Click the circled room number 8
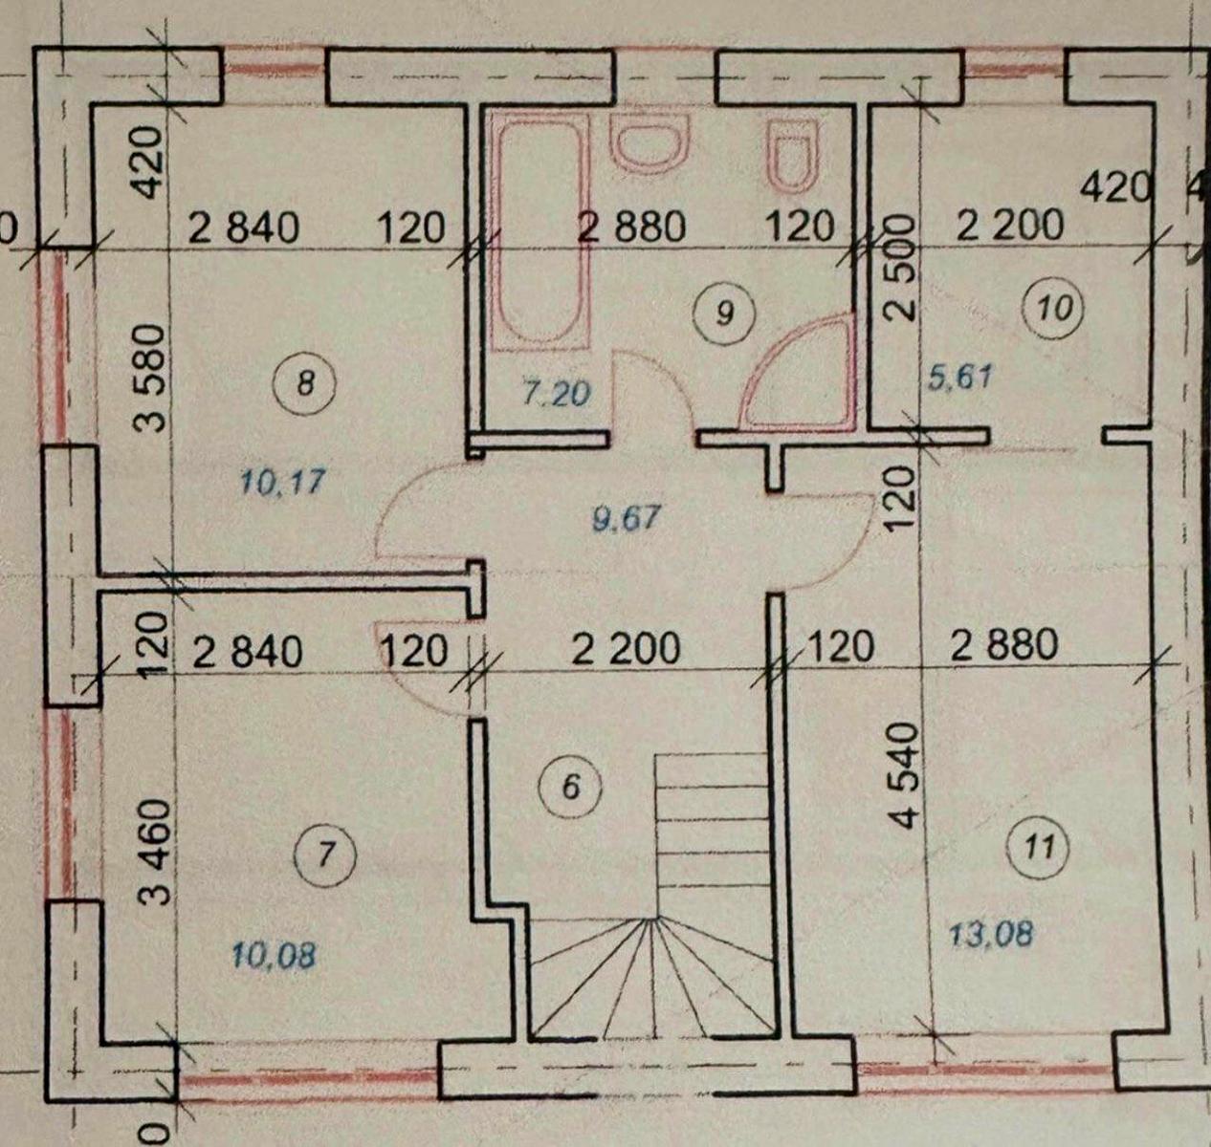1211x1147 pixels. click(305, 385)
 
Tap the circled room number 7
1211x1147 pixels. click(326, 855)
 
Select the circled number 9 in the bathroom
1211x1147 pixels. click(726, 314)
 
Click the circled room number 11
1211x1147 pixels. click(1041, 849)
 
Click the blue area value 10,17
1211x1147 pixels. click(283, 481)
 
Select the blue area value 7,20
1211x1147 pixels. click(556, 394)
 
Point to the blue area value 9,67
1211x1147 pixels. click(626, 519)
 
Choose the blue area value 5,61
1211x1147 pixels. click(961, 377)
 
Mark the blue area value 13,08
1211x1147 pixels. click(990, 935)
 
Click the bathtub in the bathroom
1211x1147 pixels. click(540, 231)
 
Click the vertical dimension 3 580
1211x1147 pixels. click(149, 379)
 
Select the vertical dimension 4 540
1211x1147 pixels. click(907, 775)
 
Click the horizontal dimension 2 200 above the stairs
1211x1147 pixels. click(626, 649)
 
